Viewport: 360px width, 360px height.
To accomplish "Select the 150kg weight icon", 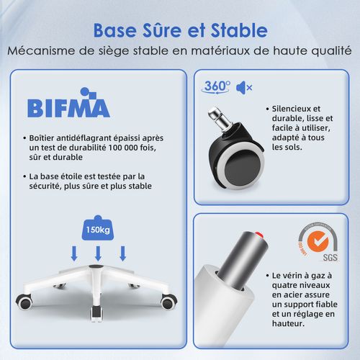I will click(x=98, y=228).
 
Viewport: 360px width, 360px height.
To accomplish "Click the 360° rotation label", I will click(x=217, y=86).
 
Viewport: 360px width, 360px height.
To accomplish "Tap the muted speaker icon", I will click(x=246, y=88).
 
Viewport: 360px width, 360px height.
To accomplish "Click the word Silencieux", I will click(x=295, y=108).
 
